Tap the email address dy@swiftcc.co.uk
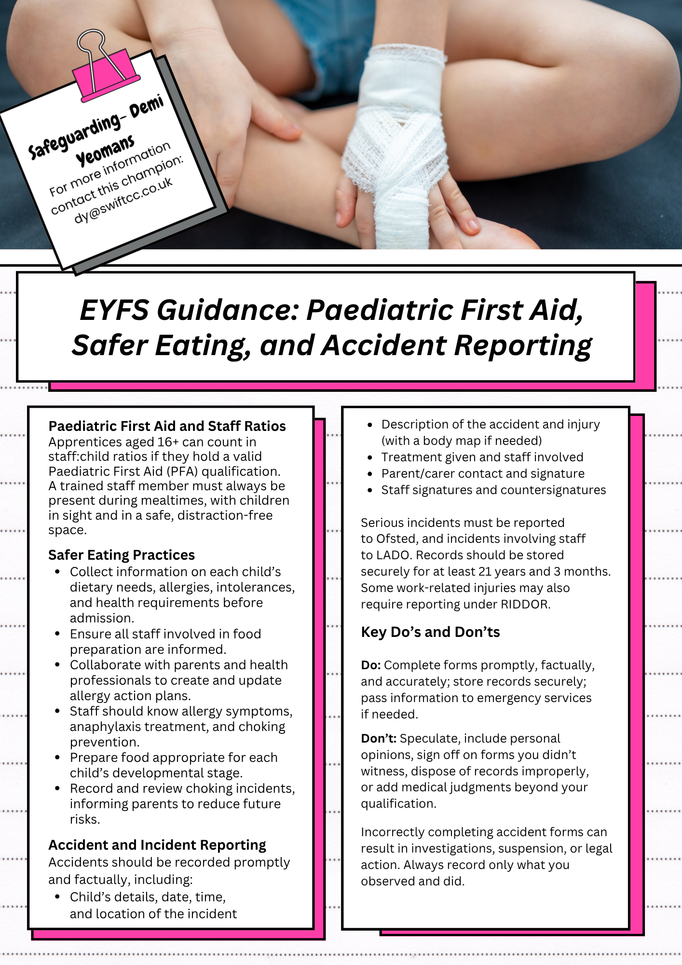pos(123,200)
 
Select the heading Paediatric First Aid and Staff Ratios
pos(167,426)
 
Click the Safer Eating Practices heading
pos(122,555)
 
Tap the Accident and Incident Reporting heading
pos(157,845)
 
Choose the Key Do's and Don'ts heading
pos(430,632)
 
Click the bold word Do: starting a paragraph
pos(371,665)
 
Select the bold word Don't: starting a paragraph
pos(379,739)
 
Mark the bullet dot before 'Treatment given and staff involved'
pos(370,457)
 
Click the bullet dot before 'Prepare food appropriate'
pos(57,758)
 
